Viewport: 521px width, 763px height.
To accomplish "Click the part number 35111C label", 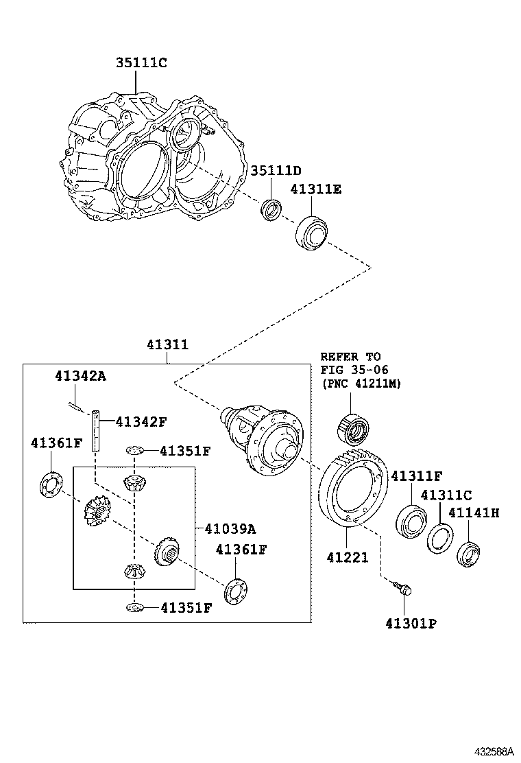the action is pos(141,62).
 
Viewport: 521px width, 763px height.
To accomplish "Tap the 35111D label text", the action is pos(276,170).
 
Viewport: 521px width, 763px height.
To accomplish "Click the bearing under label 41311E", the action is pos(311,233).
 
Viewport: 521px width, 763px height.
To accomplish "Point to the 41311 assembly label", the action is pos(168,344).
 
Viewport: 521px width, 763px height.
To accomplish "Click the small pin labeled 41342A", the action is pos(77,405).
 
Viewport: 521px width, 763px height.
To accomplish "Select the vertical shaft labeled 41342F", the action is pos(96,431).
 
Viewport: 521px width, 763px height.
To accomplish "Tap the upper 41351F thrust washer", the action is pos(134,451).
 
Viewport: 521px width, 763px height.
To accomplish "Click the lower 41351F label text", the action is pos(186,608).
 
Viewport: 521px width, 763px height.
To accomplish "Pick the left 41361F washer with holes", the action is pos(51,484).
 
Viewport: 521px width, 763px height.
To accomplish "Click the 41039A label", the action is pos(230,528).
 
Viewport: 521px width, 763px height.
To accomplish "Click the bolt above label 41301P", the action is pos(402,587).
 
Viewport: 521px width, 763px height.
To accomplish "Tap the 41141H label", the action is pos(474,513).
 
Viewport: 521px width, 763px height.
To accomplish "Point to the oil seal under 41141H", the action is pos(470,555).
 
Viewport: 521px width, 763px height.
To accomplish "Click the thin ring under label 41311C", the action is pos(440,537).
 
